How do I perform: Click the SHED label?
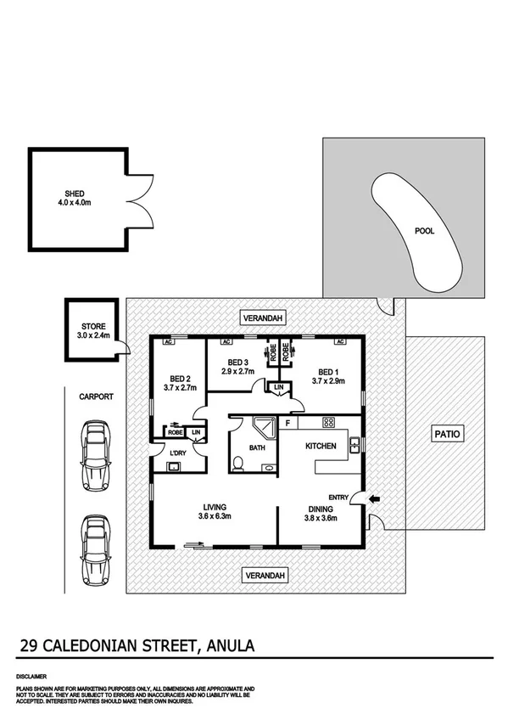[x=62, y=194]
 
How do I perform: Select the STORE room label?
[x=93, y=325]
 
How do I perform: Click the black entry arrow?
[x=375, y=498]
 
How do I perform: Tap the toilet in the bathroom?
[x=241, y=464]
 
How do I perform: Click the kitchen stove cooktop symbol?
[x=328, y=423]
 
